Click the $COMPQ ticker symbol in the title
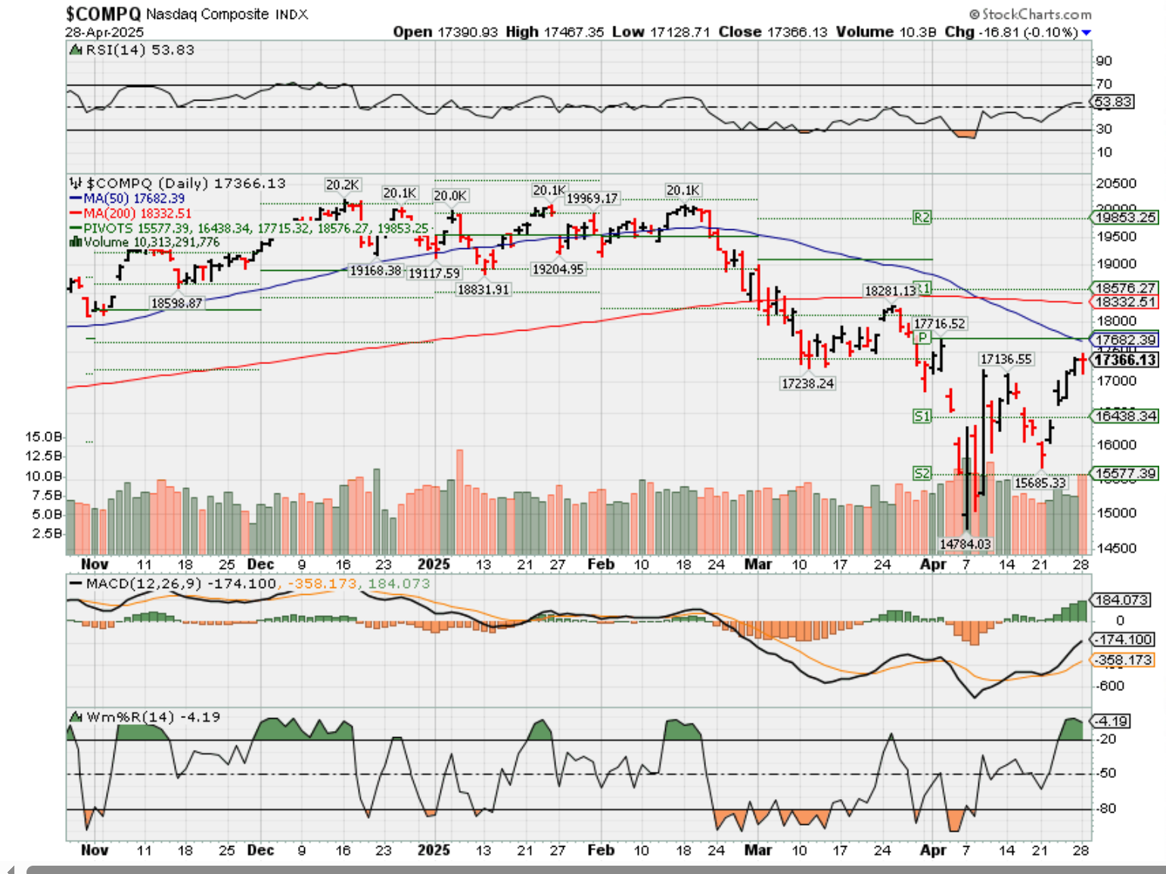(103, 14)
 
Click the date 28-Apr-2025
(104, 33)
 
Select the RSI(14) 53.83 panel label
(133, 50)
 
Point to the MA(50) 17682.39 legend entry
(129, 198)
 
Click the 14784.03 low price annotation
(965, 544)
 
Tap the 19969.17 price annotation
(592, 198)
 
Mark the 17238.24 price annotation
(807, 384)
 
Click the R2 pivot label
(922, 218)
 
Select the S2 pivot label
(922, 474)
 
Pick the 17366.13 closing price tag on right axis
(1125, 360)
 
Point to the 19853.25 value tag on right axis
(1125, 218)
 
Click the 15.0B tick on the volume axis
(43, 437)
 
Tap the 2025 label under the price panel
(434, 565)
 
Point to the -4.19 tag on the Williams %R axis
(1111, 721)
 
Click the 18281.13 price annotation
(891, 291)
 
